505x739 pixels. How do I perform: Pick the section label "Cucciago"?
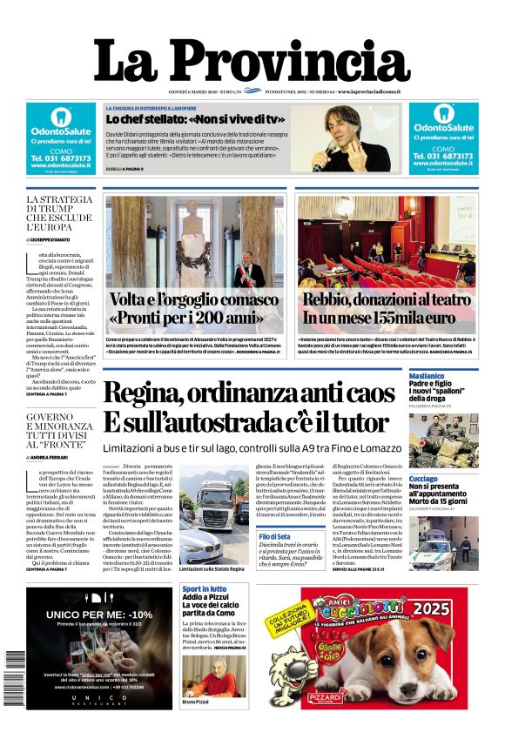click(424, 479)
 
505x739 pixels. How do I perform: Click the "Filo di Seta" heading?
click(274, 537)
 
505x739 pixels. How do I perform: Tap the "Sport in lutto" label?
click(204, 590)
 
